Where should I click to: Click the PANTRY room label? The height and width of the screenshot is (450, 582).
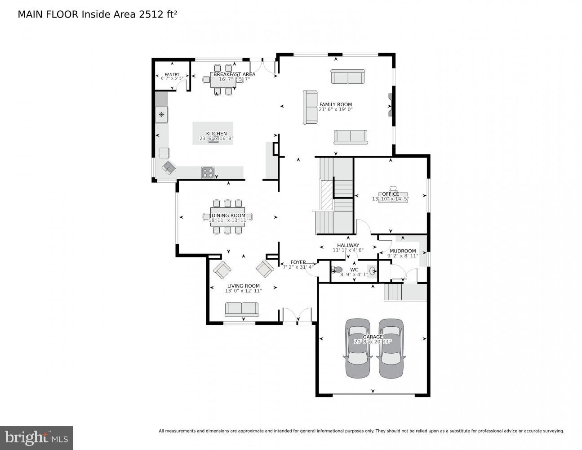click(x=172, y=74)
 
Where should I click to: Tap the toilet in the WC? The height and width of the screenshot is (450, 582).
click(x=338, y=270)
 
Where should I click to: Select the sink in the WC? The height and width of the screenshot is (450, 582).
click(x=372, y=271)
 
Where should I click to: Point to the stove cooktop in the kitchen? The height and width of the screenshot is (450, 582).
click(x=208, y=172)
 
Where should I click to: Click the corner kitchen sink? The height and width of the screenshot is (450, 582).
click(x=169, y=168)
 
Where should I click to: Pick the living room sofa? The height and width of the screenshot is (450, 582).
click(x=242, y=310)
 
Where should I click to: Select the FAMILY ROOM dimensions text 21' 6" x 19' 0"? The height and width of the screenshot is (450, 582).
click(x=336, y=109)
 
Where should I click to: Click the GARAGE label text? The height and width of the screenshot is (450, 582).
click(x=373, y=337)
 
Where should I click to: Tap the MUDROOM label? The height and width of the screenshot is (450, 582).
click(x=403, y=251)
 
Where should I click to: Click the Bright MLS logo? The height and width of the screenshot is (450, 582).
click(x=36, y=438)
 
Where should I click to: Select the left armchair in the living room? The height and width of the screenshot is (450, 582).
click(x=222, y=270)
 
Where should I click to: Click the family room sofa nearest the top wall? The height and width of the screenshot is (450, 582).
click(x=348, y=77)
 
